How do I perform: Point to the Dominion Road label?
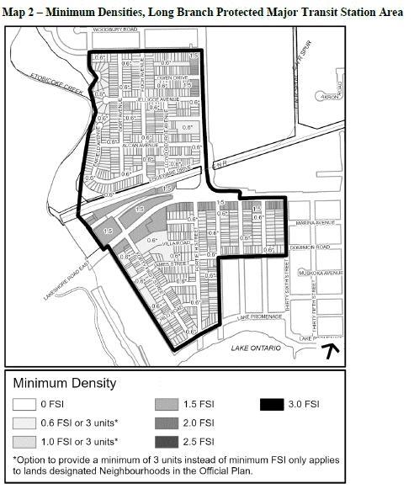point(316,249)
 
